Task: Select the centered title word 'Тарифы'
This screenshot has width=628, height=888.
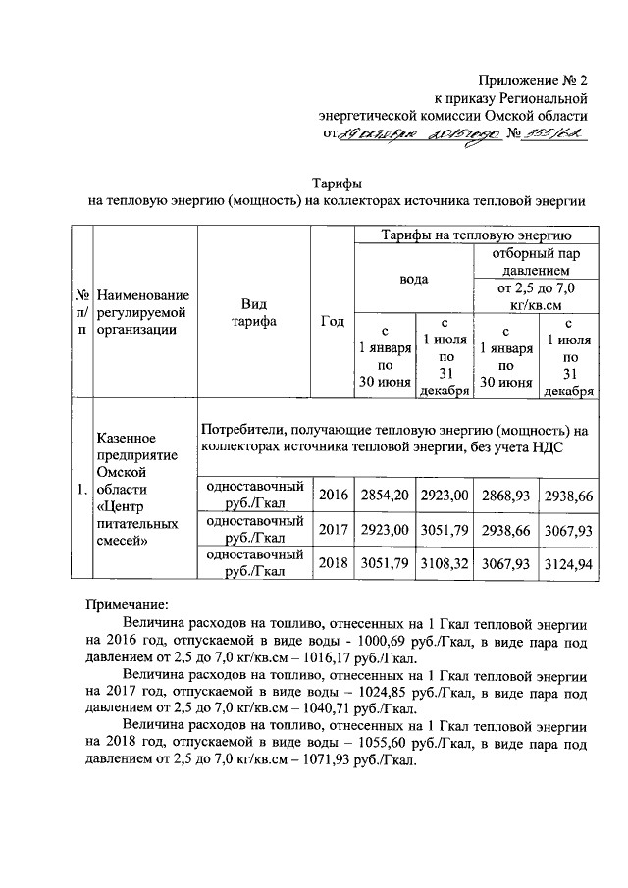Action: tap(337, 183)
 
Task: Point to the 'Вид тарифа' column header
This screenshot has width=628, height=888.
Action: tap(253, 312)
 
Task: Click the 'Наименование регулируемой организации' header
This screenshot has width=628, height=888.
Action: tap(143, 312)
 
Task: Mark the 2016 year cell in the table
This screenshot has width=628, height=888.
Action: tap(332, 496)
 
